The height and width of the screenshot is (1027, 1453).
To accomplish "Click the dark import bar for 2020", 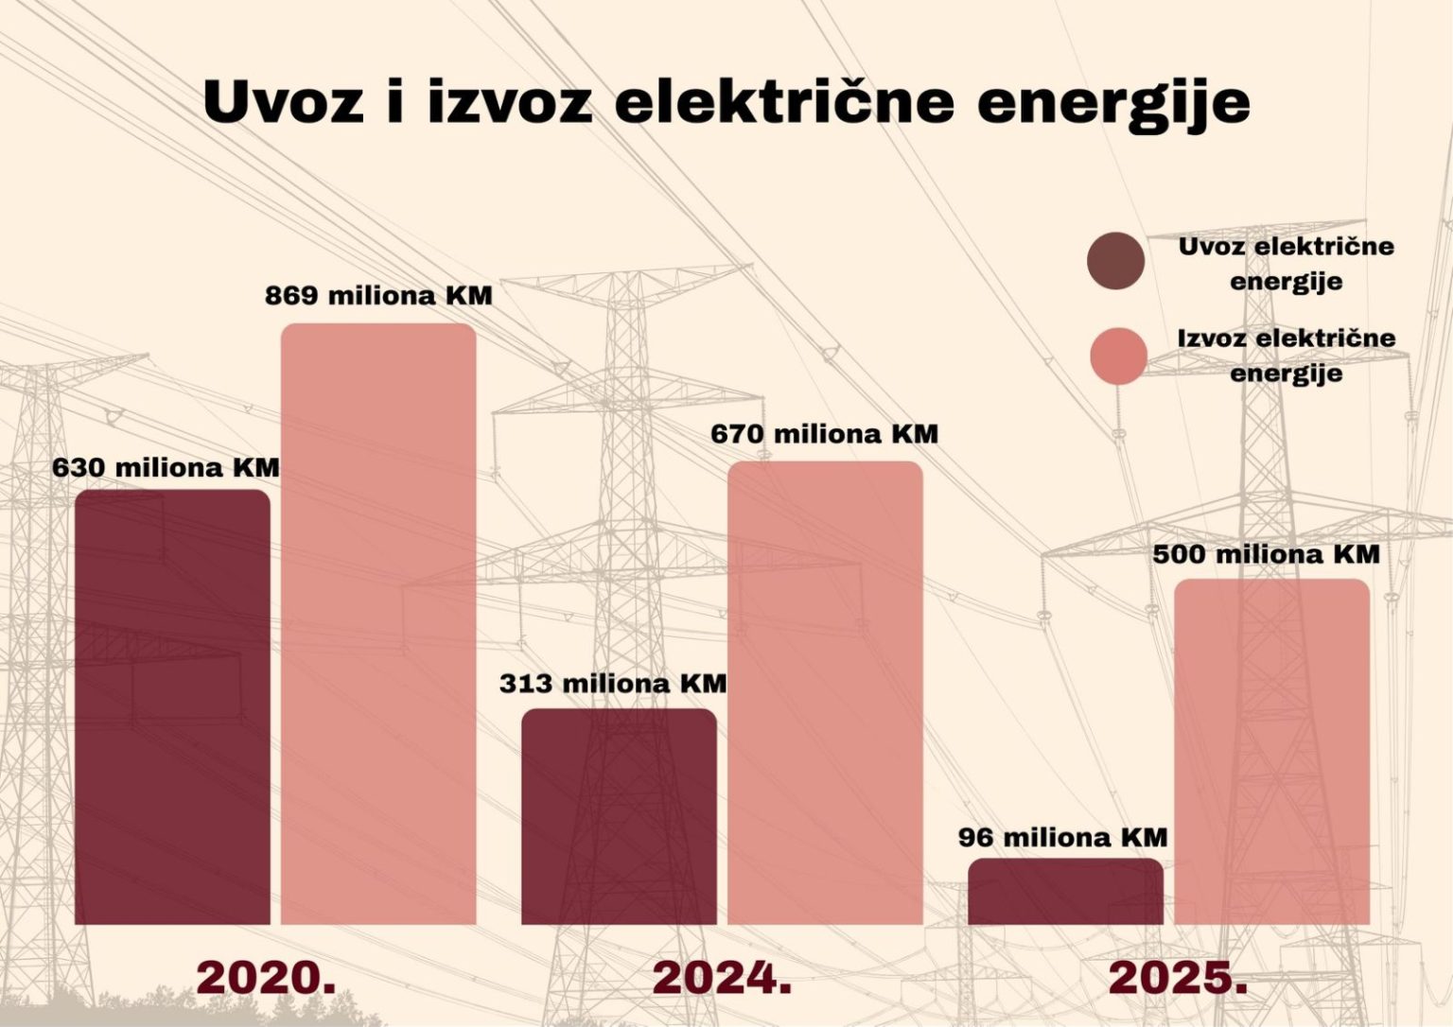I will point(172,706).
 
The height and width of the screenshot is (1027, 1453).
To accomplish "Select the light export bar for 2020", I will point(378,624).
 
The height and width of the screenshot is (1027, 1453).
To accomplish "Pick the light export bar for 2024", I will point(825,692).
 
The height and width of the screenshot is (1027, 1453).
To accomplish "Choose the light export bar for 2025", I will point(1272,752).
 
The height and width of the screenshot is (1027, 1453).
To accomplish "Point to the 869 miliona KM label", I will point(378,295).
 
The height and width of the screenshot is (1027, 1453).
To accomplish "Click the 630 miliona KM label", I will point(166,467).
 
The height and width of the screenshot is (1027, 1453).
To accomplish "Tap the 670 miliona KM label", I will point(824,434).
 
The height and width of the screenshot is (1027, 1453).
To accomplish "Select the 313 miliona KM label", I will point(613,683).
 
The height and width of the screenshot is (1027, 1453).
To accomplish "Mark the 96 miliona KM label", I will point(1062,837).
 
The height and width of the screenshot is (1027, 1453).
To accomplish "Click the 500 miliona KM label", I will point(1266,554).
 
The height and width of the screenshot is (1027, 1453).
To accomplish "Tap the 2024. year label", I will point(722,978).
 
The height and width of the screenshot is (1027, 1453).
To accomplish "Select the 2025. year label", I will point(1178,978).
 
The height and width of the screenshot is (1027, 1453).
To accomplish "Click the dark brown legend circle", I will point(1116,260).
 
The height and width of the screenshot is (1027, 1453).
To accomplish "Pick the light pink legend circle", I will point(1118,357).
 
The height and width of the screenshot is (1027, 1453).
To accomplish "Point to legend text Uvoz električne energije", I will point(1286,263).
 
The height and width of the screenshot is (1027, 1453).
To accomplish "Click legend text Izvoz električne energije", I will point(1286,355).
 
